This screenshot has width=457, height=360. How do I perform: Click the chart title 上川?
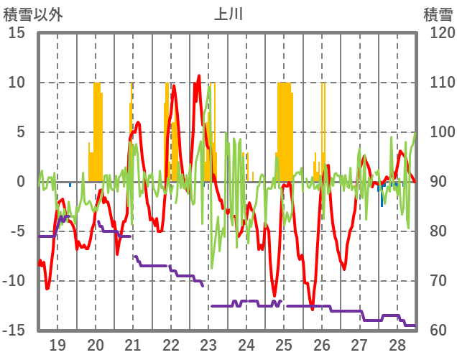228,14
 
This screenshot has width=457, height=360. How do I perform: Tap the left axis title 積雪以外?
33,14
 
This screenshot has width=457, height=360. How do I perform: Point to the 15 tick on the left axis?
17,33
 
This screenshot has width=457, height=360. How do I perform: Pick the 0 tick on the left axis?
21,182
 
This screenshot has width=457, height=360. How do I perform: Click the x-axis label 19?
57,345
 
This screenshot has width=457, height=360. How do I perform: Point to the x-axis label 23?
208,345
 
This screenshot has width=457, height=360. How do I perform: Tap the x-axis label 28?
397,345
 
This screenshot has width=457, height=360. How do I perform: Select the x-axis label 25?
284,345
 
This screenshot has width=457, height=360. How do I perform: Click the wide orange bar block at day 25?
285,129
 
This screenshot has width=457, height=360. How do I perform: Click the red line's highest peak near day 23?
199,75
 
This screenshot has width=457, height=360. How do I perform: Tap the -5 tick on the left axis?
17,231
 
